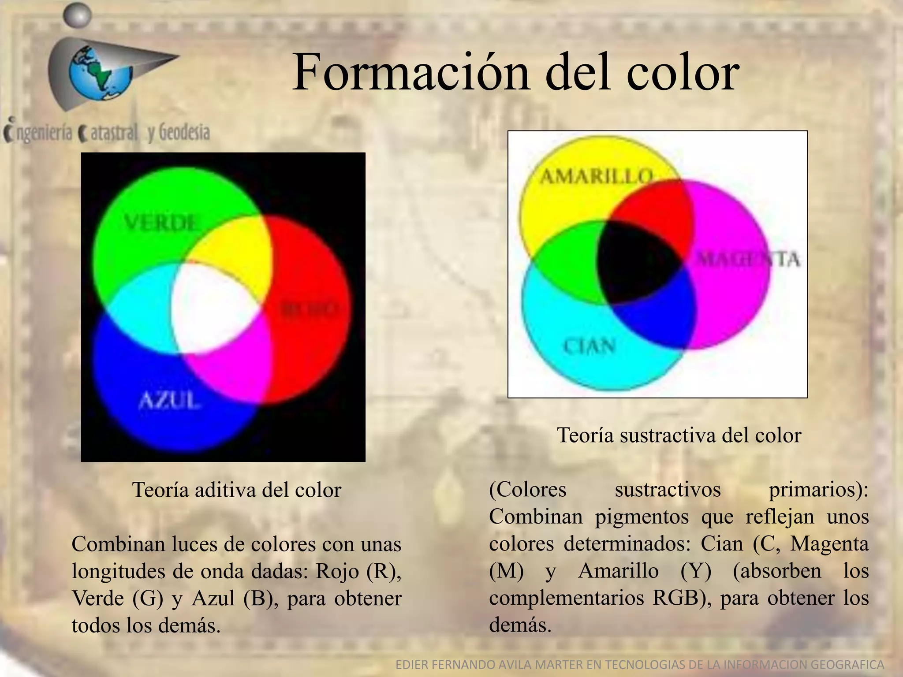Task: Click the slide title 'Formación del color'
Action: click(x=515, y=71)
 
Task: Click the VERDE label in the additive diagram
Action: click(x=161, y=223)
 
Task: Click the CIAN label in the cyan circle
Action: click(x=590, y=346)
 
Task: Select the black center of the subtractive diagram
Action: click(x=639, y=264)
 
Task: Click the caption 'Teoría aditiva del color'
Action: click(x=237, y=490)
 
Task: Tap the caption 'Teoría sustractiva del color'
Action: click(x=679, y=435)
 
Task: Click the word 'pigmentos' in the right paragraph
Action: click(x=642, y=517)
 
